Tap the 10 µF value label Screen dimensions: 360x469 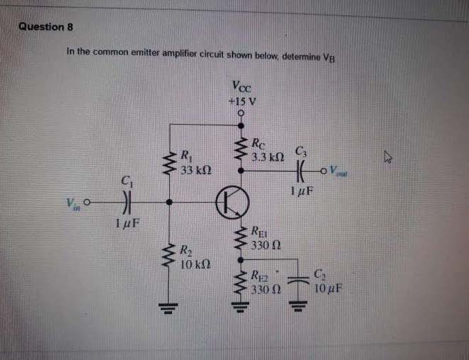(x=327, y=288)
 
